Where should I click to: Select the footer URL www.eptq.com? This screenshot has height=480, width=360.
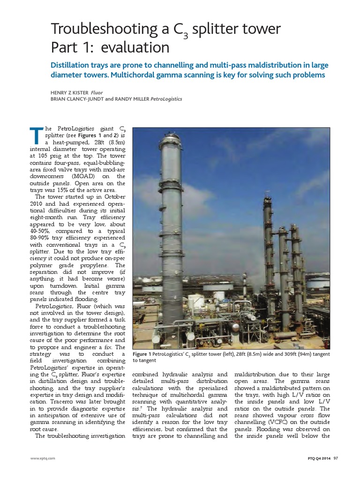(x=40, y=458)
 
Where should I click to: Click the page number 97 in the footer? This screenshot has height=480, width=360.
(x=336, y=458)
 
